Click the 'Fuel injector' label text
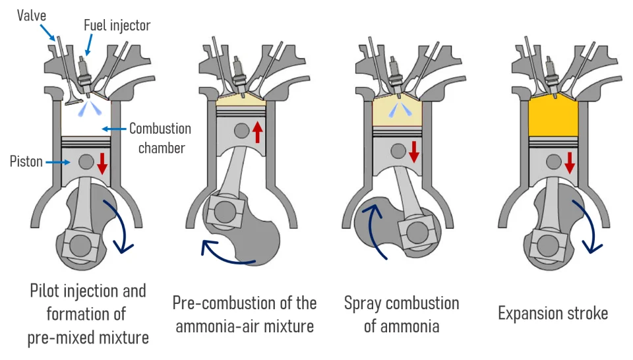[x=117, y=26]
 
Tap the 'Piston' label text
[x=27, y=160]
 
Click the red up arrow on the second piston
[x=257, y=132]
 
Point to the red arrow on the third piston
[x=413, y=151]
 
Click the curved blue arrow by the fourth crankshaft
[x=589, y=227]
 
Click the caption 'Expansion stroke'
[x=553, y=313]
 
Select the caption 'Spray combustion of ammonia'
[x=401, y=314]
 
